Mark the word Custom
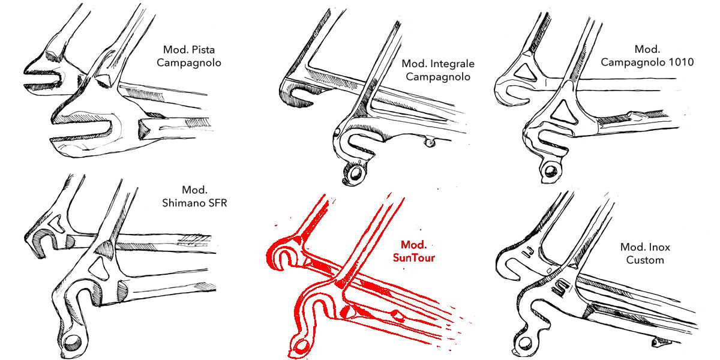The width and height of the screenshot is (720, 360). coord(645,260)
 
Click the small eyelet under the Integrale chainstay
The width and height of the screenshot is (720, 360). coord(428,142)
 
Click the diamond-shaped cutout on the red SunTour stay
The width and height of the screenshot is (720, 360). coord(397,314)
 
